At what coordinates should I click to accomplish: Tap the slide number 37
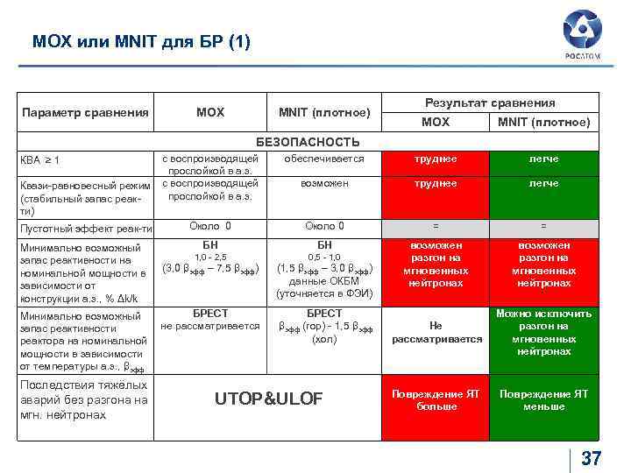(x=592, y=457)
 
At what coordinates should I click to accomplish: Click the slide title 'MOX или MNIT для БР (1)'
(x=141, y=41)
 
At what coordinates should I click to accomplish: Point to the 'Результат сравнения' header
(x=490, y=102)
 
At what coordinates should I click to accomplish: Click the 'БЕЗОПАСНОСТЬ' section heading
(x=308, y=142)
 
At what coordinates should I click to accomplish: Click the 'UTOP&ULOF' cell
(x=269, y=399)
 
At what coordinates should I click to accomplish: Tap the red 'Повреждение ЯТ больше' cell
(x=436, y=400)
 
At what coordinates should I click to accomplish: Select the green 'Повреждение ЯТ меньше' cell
(x=543, y=400)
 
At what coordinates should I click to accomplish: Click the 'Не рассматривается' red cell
(x=436, y=332)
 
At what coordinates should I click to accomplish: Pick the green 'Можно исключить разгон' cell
(x=543, y=332)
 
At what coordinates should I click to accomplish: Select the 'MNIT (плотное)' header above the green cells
(x=543, y=122)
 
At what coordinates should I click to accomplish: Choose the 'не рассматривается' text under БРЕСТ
(x=210, y=326)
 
